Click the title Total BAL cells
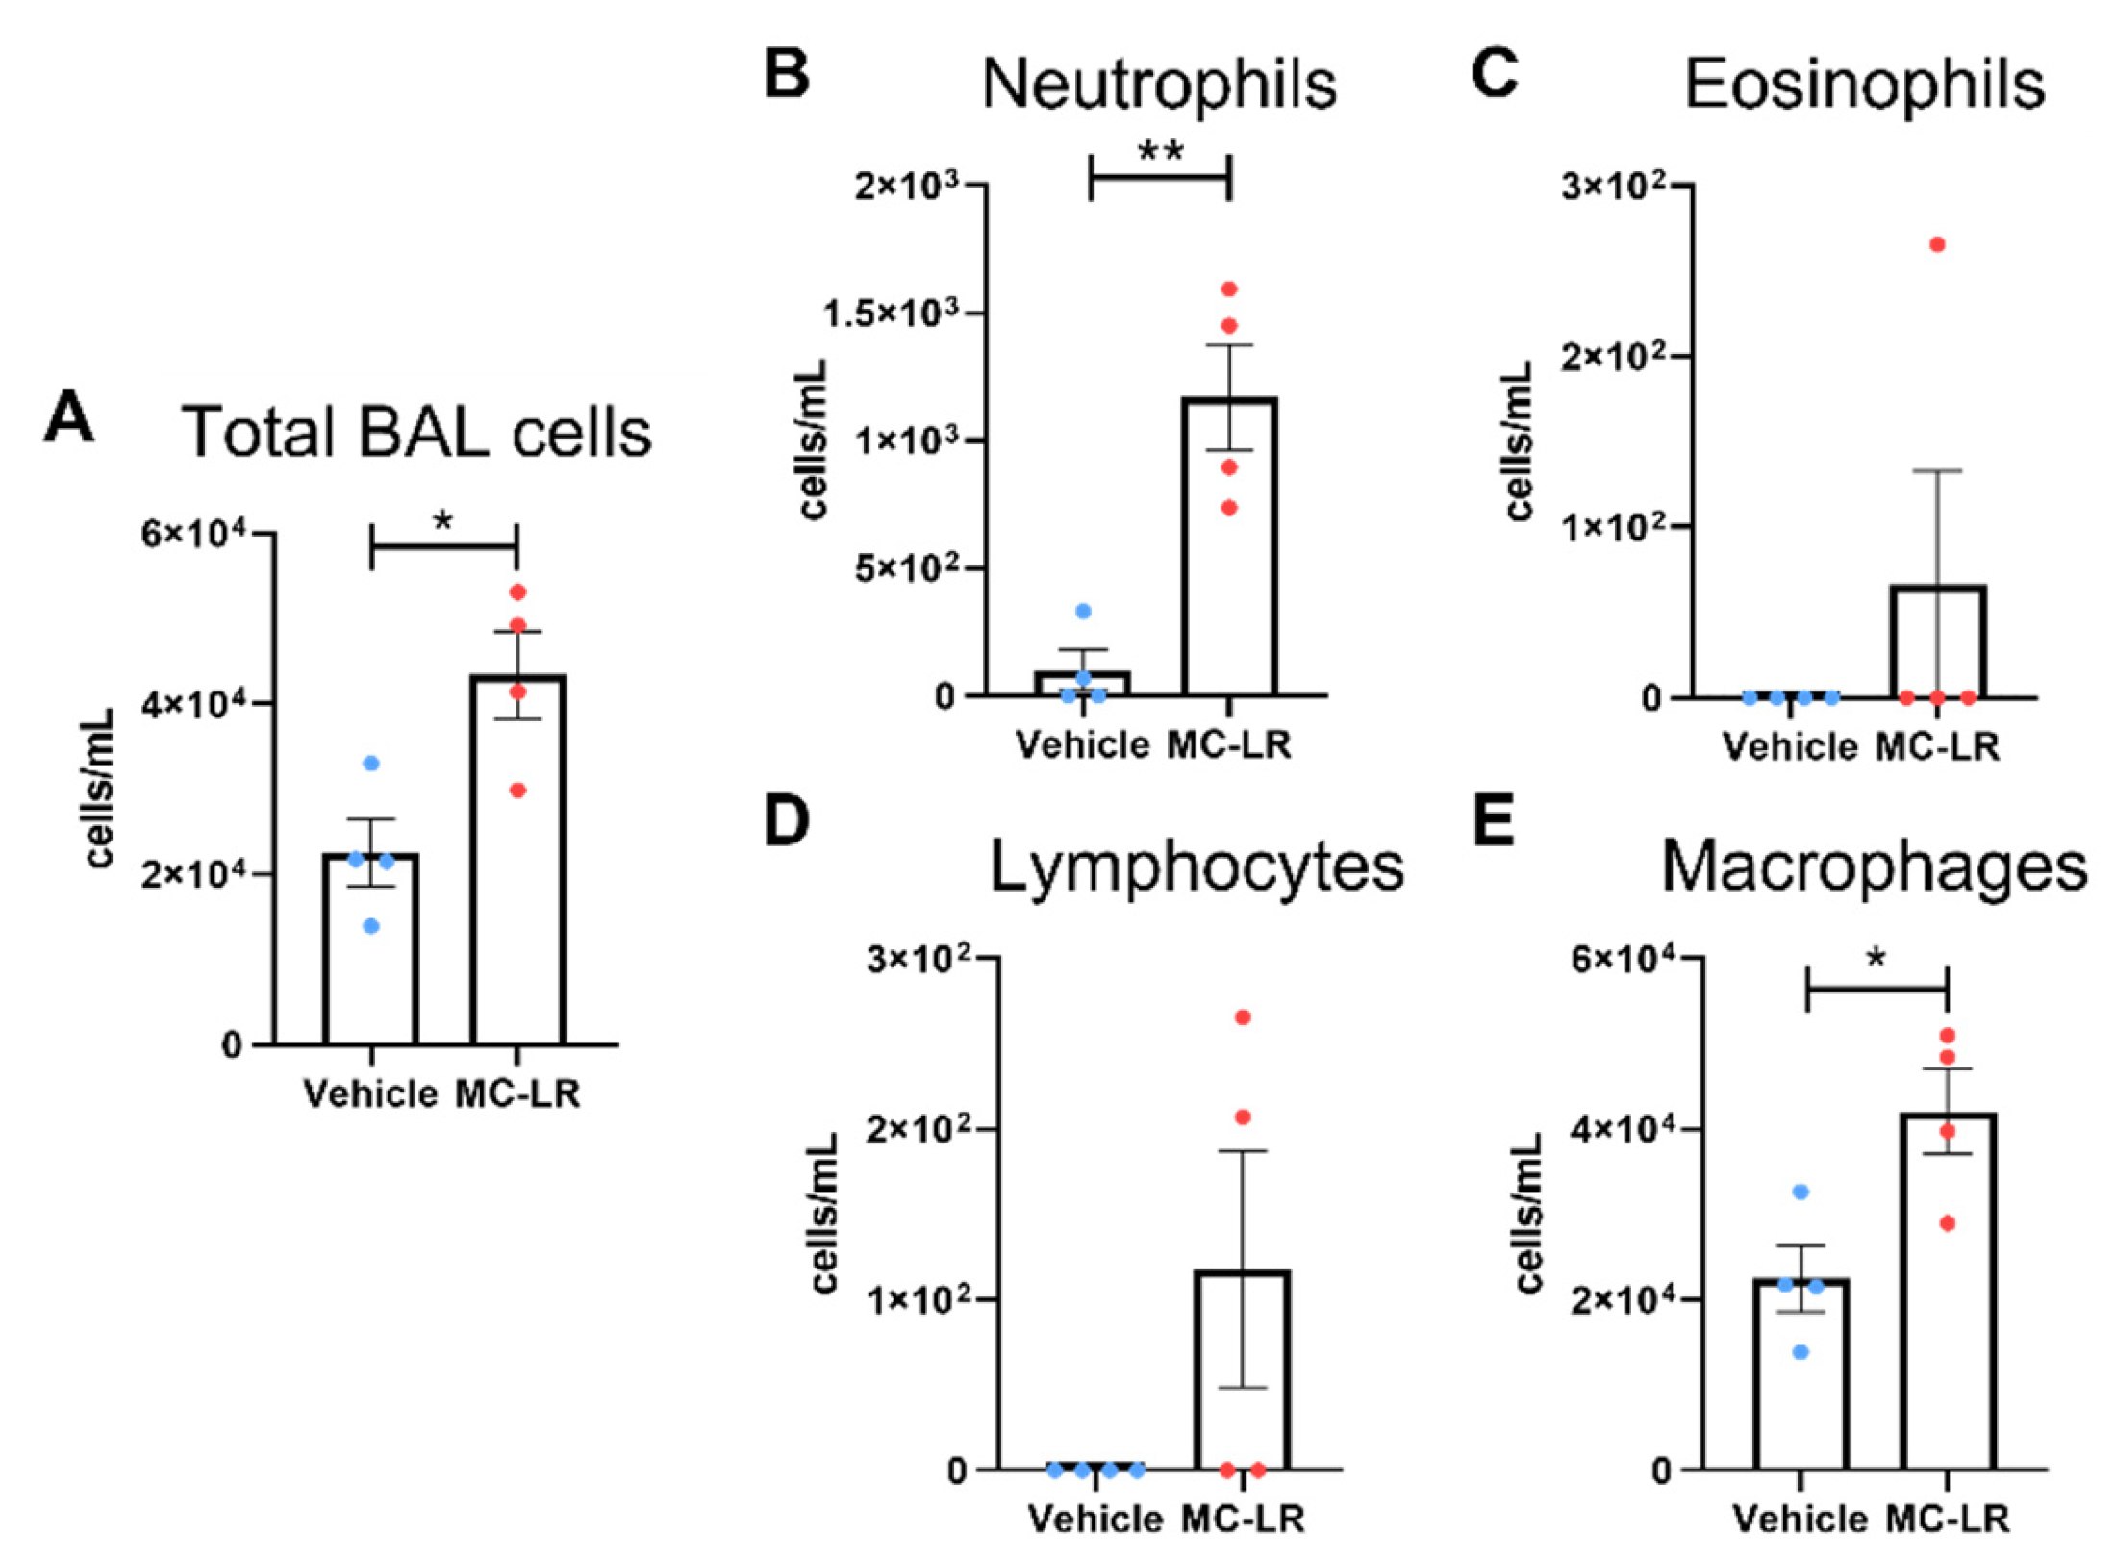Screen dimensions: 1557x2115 pyautogui.click(x=416, y=432)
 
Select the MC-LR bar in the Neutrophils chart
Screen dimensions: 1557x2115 pyautogui.click(x=1229, y=577)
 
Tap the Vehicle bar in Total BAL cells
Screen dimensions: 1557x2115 pyautogui.click(x=371, y=962)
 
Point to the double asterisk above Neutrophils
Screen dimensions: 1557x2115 pyautogui.click(x=1160, y=152)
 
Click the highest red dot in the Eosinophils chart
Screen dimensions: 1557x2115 pyautogui.click(x=1937, y=245)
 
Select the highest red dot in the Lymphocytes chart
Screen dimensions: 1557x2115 pyautogui.click(x=1243, y=1017)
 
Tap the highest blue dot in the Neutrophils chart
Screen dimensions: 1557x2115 pyautogui.click(x=1083, y=612)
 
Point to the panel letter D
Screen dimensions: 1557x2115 pyautogui.click(x=786, y=821)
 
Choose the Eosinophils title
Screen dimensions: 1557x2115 pyautogui.click(x=1864, y=85)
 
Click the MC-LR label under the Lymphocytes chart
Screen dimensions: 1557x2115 pyautogui.click(x=1243, y=1519)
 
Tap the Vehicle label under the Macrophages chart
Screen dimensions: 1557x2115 pyautogui.click(x=1800, y=1519)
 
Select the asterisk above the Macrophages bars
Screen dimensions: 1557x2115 pyautogui.click(x=1876, y=958)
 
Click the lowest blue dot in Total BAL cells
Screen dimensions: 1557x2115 pyautogui.click(x=371, y=926)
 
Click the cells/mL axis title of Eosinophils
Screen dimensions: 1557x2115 pyautogui.click(x=1519, y=441)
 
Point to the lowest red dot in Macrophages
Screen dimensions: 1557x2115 pyautogui.click(x=1948, y=1224)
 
